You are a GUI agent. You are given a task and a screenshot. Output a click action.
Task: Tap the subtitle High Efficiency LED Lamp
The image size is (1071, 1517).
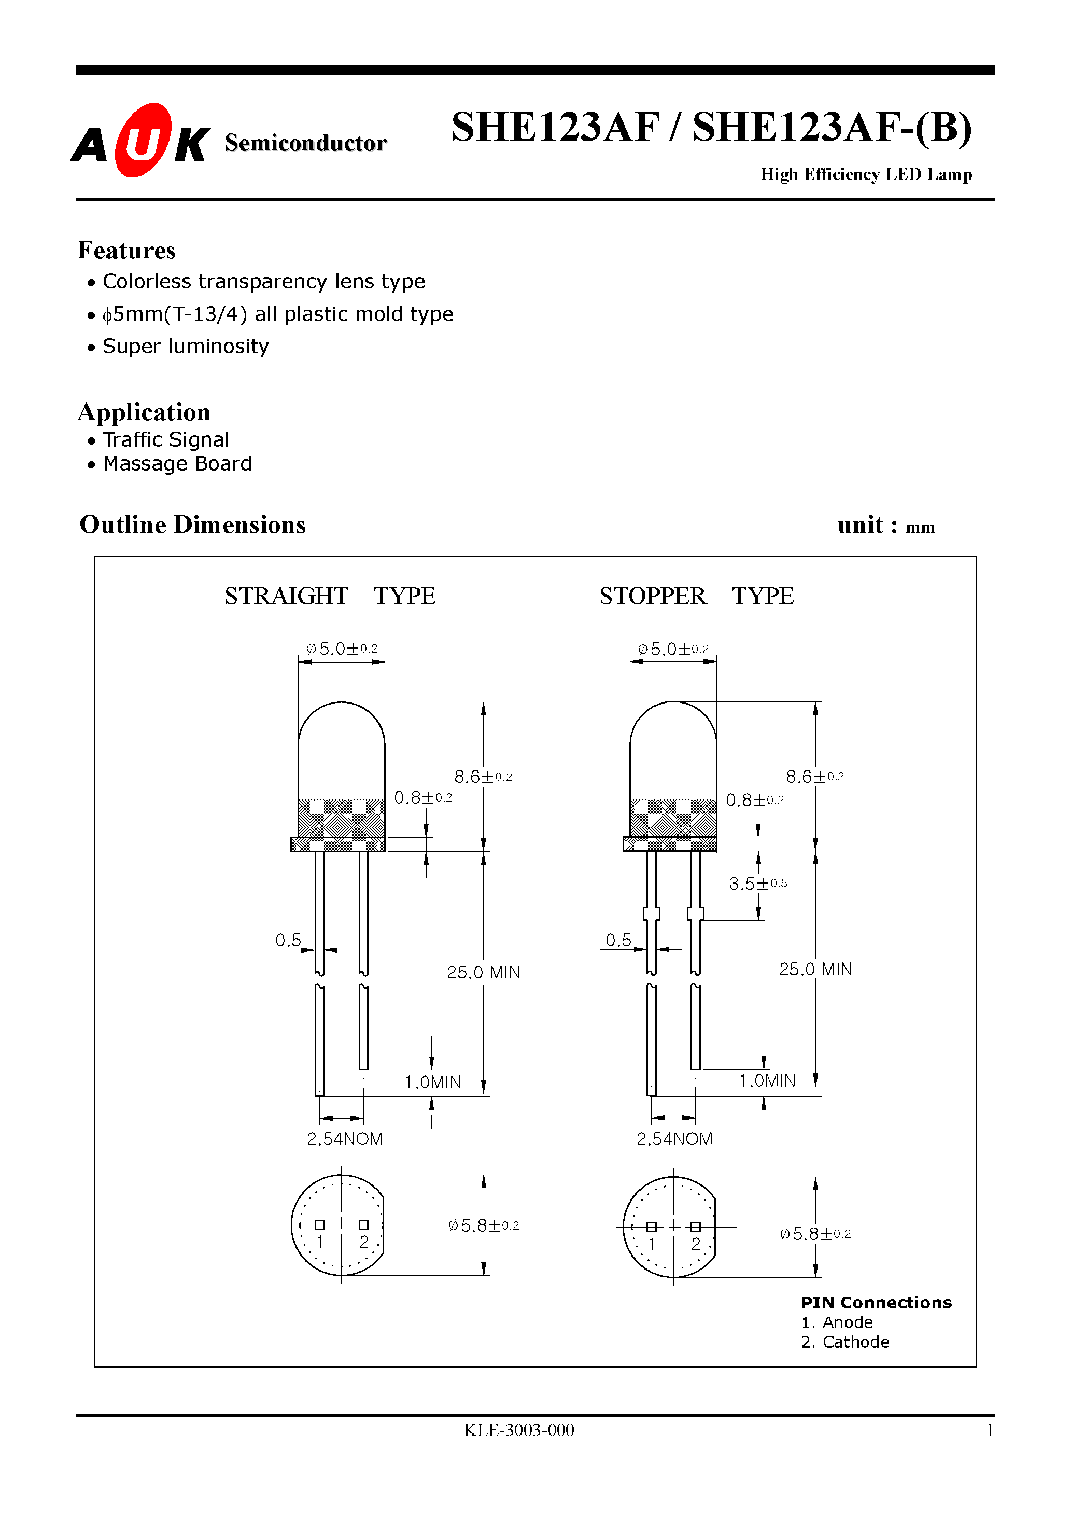click(866, 174)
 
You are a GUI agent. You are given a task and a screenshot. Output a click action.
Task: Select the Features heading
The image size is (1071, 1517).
click(126, 251)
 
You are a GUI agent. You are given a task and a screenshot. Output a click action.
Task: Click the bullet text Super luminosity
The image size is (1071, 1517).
click(186, 346)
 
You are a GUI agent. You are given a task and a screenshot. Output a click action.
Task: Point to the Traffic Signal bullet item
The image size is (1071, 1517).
click(166, 439)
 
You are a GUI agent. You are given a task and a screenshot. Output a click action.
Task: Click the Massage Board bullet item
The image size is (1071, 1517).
click(177, 464)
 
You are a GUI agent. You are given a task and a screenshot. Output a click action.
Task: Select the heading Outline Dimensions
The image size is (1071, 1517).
click(192, 525)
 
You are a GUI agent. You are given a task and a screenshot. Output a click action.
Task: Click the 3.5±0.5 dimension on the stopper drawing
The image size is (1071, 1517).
click(757, 884)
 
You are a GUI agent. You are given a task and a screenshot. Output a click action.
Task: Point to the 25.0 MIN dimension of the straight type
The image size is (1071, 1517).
click(483, 973)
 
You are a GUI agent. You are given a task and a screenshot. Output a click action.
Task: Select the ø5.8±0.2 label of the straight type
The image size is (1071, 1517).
click(483, 1225)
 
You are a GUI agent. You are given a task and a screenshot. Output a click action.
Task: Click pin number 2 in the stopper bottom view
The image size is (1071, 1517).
click(695, 1244)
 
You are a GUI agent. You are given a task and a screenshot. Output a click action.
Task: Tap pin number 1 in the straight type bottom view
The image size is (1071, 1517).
click(319, 1242)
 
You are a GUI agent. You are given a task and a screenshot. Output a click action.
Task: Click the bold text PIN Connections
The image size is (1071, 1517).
click(876, 1302)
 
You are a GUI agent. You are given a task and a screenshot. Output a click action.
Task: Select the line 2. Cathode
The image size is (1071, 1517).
click(844, 1342)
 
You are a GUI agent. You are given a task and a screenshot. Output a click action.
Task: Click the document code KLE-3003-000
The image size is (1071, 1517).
click(518, 1430)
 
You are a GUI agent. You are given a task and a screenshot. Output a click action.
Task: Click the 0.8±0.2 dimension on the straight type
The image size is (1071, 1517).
click(422, 798)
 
